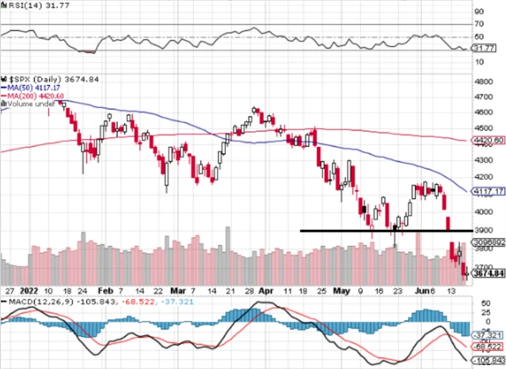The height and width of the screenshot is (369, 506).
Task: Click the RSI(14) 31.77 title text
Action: coord(31,6)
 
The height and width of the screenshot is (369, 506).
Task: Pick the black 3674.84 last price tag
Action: coord(484,275)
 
